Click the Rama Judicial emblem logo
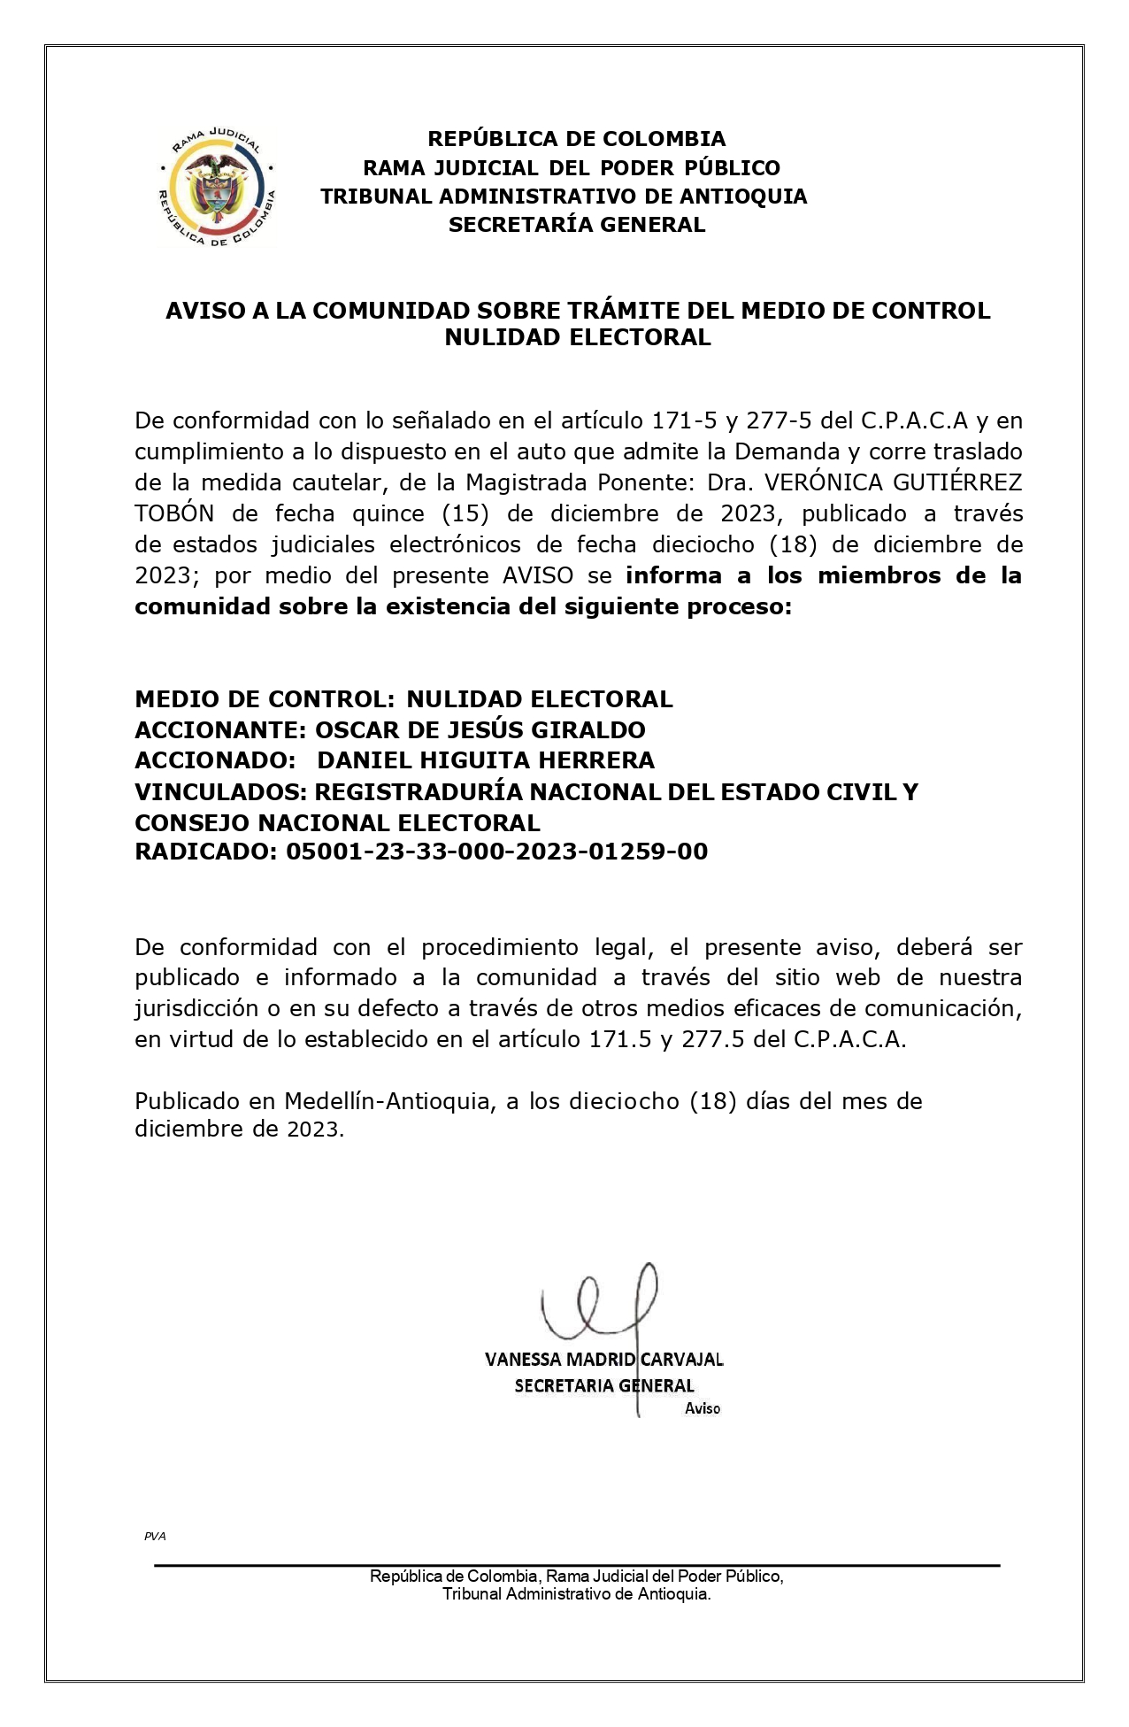coord(216,188)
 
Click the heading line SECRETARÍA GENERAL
coord(577,225)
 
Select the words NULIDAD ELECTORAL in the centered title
coord(577,337)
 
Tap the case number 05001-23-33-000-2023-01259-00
coord(496,852)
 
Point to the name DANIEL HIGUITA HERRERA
coord(486,760)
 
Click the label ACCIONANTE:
coord(220,730)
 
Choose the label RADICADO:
coord(206,852)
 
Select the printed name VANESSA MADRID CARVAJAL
coord(603,1359)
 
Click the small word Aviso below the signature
coord(703,1408)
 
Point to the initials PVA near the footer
coord(155,1536)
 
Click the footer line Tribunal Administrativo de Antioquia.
coord(576,1594)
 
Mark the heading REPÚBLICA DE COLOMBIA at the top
coord(577,139)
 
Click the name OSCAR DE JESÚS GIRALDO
coord(480,730)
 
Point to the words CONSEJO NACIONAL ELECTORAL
coord(337,822)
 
